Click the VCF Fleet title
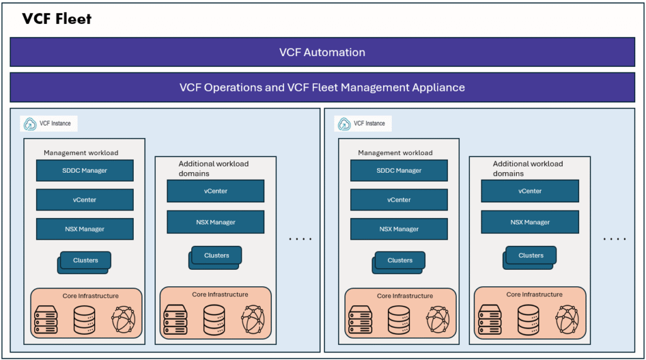coord(57,19)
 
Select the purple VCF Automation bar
coord(322,52)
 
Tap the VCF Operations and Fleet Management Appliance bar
coord(322,88)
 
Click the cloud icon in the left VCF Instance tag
coord(30,124)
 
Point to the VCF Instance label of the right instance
coord(369,124)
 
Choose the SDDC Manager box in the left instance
coord(85,170)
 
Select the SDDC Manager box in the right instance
coord(399,170)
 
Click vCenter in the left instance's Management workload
coord(85,200)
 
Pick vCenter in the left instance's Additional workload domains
coord(215,191)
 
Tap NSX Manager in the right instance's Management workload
coord(399,229)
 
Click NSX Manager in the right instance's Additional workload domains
coord(530,222)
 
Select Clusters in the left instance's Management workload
coord(85,260)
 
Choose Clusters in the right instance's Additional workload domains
coord(531,255)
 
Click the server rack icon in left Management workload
coord(45,320)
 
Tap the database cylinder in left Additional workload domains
coord(214,320)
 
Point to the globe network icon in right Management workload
coord(438,320)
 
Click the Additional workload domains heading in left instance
coord(213,168)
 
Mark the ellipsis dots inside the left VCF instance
coord(300,239)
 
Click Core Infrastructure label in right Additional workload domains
coord(534,294)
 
